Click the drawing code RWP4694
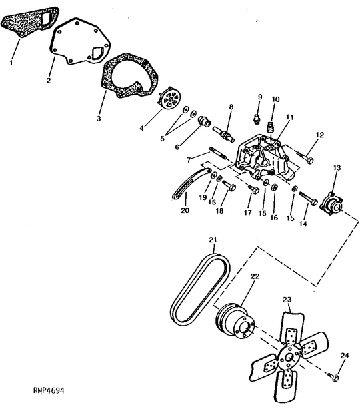click(49, 390)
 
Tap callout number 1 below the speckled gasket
click(11, 63)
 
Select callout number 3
click(99, 119)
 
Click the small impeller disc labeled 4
click(169, 99)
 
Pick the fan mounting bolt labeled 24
click(333, 376)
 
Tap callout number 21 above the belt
click(213, 240)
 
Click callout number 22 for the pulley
click(255, 276)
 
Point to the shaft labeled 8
click(223, 134)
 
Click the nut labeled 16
click(274, 187)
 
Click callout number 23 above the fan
click(287, 300)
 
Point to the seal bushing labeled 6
click(205, 121)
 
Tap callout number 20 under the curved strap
click(185, 210)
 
